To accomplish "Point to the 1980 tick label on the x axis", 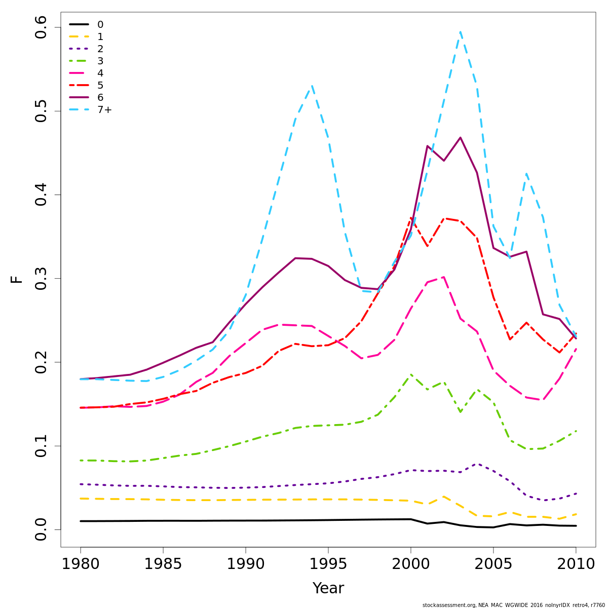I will pos(81,564).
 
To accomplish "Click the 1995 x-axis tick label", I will pos(328,564).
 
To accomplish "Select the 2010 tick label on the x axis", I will pos(576,564).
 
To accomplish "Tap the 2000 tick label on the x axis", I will pos(411,564).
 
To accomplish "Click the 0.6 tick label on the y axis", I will pos(41,28).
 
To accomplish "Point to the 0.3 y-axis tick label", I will pos(41,279).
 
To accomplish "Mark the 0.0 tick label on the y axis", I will pos(41,529).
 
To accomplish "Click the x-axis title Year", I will pos(328,588).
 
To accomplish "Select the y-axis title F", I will pos(17,279).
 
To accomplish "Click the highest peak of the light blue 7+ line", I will pos(460,32).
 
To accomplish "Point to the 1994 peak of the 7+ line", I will pos(312,86).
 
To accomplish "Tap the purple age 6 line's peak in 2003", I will pos(460,137).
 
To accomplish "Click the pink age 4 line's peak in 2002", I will pos(444,277).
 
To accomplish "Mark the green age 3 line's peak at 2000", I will pos(411,374).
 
